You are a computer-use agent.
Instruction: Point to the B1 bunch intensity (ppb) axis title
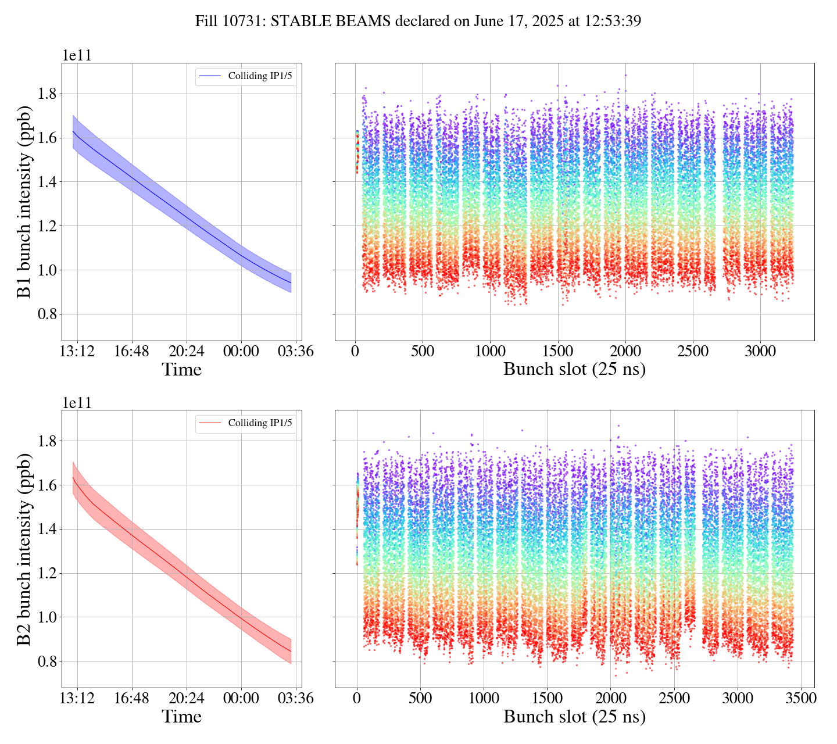tap(24, 202)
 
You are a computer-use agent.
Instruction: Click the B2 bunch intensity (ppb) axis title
tap(24, 549)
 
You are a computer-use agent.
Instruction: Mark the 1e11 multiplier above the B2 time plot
tap(77, 403)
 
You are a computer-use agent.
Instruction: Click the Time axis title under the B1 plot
tap(182, 370)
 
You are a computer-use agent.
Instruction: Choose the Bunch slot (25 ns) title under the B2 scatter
tap(574, 717)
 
